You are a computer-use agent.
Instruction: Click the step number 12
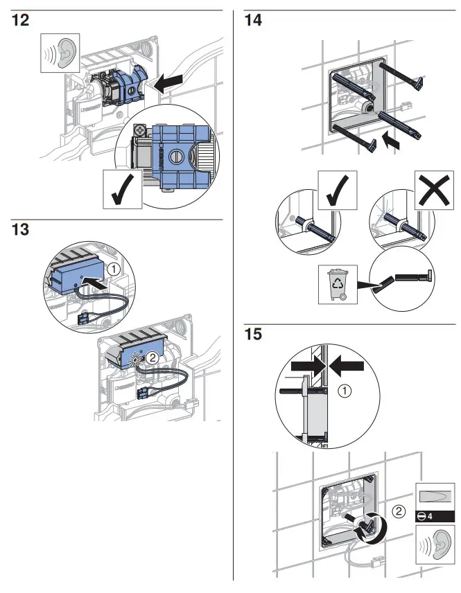[21, 20]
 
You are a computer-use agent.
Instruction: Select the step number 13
[21, 229]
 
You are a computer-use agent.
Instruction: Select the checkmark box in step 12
[122, 189]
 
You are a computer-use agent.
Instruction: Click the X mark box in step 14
[430, 193]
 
